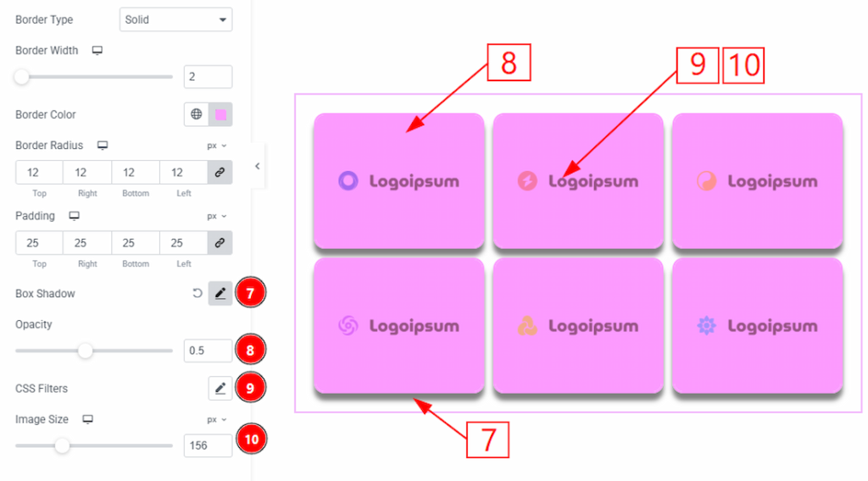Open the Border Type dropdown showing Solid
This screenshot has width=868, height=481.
point(175,20)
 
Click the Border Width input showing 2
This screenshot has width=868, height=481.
point(208,77)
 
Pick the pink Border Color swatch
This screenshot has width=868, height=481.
point(221,114)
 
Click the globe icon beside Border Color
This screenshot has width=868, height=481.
point(197,114)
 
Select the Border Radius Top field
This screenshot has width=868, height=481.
point(39,173)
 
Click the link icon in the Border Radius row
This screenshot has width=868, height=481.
point(220,173)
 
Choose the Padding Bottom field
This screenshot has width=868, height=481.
point(135,243)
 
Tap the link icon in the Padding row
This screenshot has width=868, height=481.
point(220,243)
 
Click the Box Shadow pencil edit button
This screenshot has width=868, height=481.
point(220,294)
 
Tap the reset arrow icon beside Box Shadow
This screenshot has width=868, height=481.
point(197,293)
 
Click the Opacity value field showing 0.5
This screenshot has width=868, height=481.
point(208,351)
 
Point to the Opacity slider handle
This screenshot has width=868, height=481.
point(86,351)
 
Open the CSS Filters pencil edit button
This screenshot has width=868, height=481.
point(220,389)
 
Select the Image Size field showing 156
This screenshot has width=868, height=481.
point(208,445)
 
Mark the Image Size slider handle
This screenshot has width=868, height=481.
point(63,445)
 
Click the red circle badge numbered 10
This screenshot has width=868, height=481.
point(251,439)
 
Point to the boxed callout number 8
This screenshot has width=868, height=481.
point(509,63)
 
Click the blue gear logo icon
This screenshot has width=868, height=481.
point(706,326)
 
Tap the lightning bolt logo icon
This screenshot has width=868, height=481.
point(527,180)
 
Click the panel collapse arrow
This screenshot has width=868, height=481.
point(258,166)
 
